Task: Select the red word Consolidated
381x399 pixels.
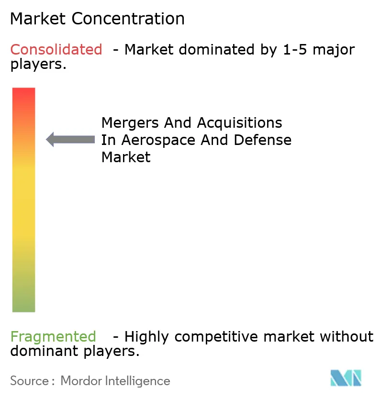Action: pos(56,49)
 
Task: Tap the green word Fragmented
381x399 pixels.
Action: pos(53,337)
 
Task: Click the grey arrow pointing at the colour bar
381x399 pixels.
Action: pos(70,139)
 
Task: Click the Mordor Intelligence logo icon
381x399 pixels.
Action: pos(346,378)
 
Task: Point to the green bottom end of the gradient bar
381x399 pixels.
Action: pos(23,304)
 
